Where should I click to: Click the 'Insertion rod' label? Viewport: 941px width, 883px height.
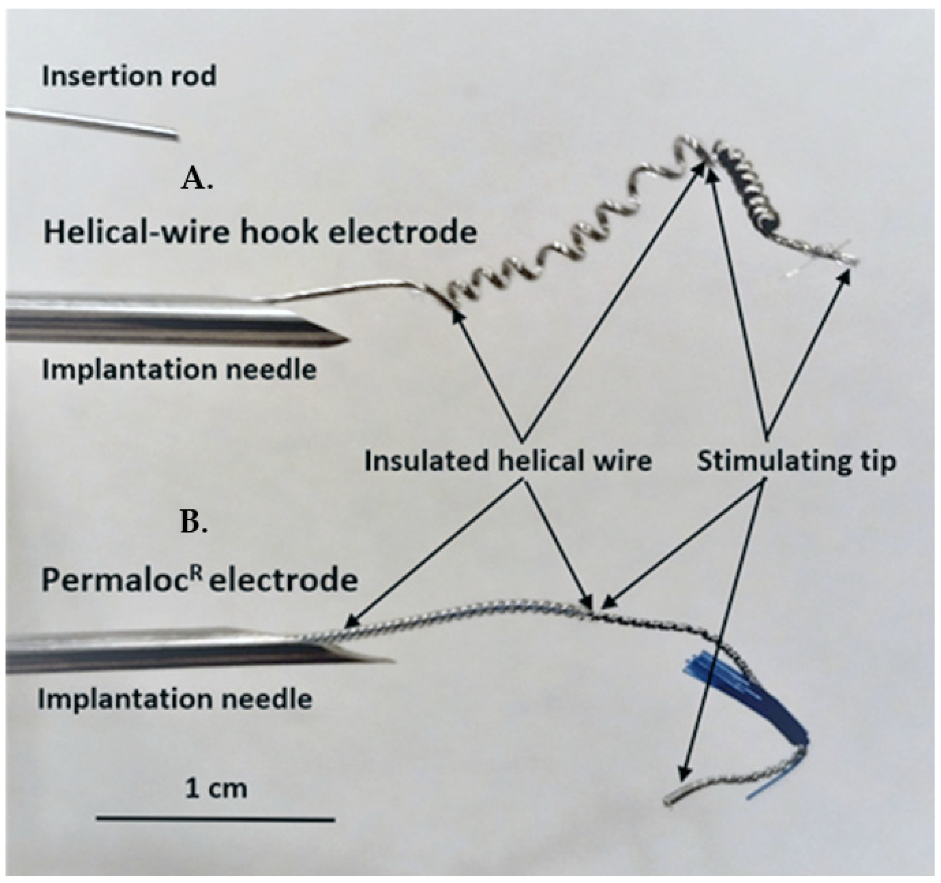[129, 76]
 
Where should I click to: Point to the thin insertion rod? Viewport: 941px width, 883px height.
[95, 124]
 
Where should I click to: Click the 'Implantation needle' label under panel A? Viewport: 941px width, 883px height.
[179, 370]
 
